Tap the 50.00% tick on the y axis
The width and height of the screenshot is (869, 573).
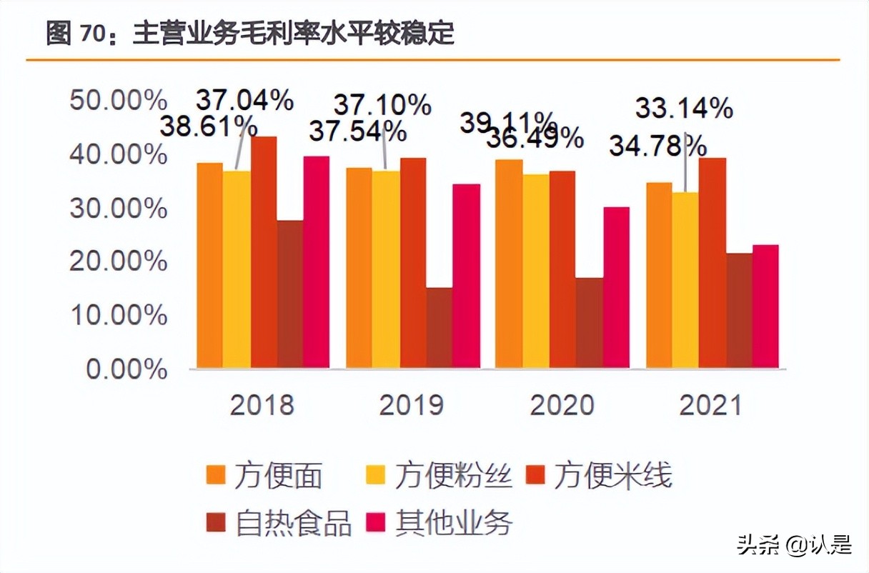point(119,100)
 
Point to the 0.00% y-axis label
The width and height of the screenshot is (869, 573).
point(126,369)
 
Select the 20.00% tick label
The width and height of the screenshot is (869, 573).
point(119,261)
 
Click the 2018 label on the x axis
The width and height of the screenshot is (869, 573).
point(262,405)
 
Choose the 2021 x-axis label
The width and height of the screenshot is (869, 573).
point(711,405)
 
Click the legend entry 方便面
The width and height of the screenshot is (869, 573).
point(264,476)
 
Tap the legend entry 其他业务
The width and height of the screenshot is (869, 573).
point(440,524)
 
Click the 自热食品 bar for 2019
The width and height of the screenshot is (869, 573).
point(440,328)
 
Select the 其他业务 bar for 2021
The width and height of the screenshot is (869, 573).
point(765,307)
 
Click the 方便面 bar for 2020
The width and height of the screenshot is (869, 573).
point(509,264)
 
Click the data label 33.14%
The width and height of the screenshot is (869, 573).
point(684,109)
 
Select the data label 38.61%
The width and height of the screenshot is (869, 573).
point(207,128)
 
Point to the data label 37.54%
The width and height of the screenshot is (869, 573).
point(357,131)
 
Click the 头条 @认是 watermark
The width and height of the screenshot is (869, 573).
point(794,545)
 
